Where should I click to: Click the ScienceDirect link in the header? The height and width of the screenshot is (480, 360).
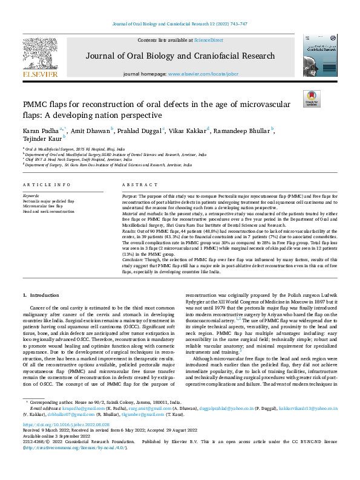pos(208,40)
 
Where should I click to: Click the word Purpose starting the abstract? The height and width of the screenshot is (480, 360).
pos(129,197)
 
